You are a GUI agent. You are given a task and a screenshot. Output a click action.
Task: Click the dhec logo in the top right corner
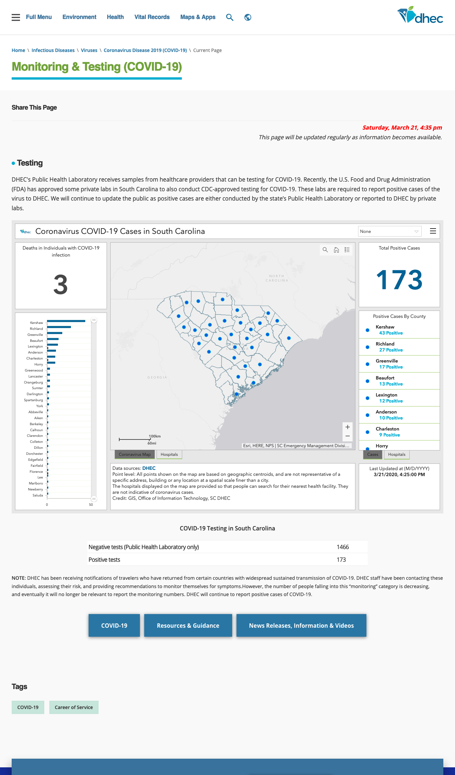tap(420, 15)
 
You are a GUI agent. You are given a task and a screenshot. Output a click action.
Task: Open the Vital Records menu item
tap(152, 17)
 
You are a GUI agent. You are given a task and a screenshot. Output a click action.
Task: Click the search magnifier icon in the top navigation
tap(229, 17)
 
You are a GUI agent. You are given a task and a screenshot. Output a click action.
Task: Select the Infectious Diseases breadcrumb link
tap(53, 50)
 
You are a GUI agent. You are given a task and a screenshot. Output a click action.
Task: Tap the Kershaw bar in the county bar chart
tap(66, 321)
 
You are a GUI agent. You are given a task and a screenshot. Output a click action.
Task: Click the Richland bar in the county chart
tap(59, 327)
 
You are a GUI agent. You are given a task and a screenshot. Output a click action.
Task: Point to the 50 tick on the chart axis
tap(91, 505)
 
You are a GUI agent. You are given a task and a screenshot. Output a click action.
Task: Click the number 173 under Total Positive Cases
tap(399, 280)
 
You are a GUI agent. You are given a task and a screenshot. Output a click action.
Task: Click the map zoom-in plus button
tap(347, 427)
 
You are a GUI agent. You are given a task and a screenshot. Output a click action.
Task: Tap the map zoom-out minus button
tap(347, 436)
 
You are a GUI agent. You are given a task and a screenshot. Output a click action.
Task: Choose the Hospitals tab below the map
tap(169, 454)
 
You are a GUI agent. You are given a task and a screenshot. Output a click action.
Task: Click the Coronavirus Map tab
tap(135, 454)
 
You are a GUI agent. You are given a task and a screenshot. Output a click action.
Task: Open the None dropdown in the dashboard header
tap(390, 231)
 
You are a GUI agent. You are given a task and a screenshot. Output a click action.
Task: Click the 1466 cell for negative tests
tap(343, 547)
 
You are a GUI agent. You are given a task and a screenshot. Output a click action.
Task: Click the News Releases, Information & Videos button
tap(301, 625)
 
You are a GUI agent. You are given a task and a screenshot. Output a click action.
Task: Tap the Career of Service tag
tap(74, 707)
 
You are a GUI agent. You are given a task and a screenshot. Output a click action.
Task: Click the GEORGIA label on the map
tap(157, 378)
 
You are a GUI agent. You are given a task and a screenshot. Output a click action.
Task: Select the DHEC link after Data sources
tap(149, 468)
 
